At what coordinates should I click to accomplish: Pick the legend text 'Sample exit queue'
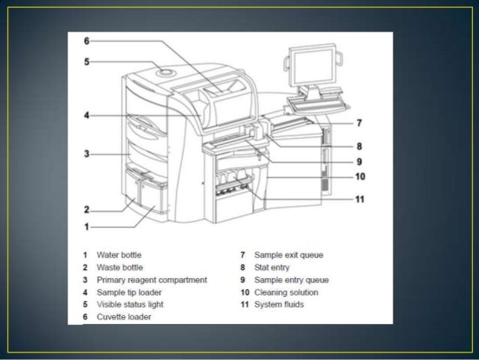tap(288, 256)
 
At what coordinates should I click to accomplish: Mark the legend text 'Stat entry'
tap(270, 268)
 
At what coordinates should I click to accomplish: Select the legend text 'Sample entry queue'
tap(291, 280)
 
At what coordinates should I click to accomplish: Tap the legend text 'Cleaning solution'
tap(286, 292)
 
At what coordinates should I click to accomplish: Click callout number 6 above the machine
tap(86, 41)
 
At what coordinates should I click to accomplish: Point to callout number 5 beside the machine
tap(86, 62)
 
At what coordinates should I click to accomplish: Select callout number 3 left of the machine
tap(86, 154)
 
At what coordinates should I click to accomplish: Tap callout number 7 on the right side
tap(359, 123)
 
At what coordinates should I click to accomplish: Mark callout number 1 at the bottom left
tap(86, 225)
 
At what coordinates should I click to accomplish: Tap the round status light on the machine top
tap(165, 73)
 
